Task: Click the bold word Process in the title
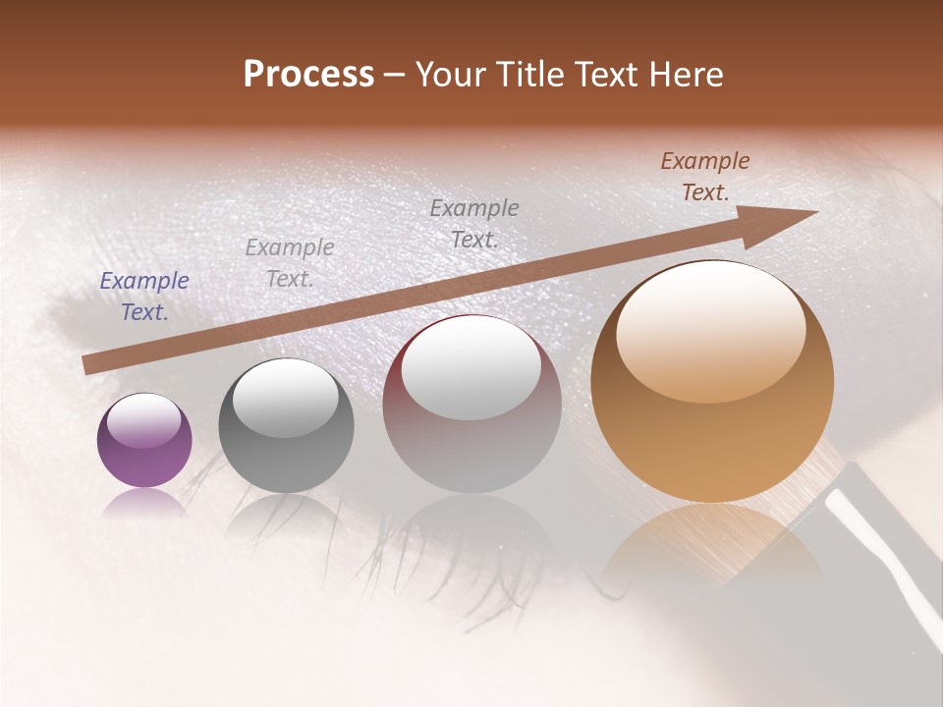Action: click(308, 75)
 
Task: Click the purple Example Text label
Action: click(144, 297)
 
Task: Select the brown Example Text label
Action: click(704, 177)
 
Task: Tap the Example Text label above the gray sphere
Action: click(289, 263)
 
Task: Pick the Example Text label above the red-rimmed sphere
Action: click(474, 223)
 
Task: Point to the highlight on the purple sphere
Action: click(143, 420)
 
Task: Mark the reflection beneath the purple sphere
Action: click(143, 502)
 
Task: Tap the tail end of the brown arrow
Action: click(90, 364)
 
